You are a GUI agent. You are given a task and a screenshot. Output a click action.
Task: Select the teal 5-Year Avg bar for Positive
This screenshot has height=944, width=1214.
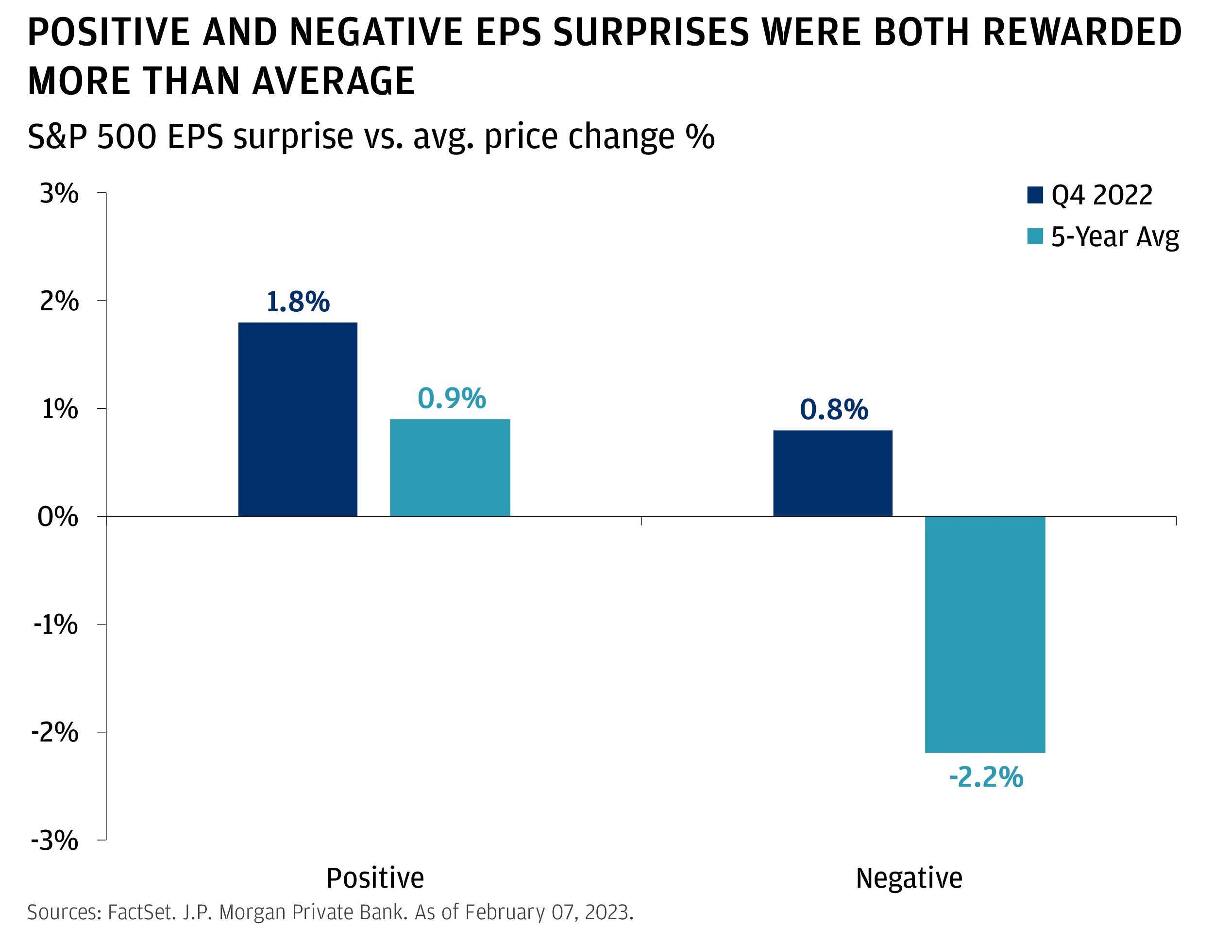(x=450, y=468)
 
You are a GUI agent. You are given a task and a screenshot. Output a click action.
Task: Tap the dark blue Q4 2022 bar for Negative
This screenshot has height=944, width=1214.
(x=832, y=473)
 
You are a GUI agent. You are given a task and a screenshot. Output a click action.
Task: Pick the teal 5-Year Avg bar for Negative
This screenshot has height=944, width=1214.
(x=984, y=634)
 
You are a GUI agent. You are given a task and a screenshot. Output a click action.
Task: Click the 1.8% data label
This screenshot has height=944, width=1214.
(x=298, y=302)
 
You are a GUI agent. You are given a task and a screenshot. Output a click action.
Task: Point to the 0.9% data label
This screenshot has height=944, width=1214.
(x=451, y=399)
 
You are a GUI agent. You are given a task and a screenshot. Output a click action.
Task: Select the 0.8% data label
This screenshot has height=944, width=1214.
(x=833, y=410)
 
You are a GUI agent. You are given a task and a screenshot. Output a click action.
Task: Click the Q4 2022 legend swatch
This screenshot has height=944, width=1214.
(x=1034, y=195)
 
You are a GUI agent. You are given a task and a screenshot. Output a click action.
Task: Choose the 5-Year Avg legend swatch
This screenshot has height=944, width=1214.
(x=1034, y=236)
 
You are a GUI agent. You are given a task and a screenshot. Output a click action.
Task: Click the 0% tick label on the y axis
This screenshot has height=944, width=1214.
(x=58, y=517)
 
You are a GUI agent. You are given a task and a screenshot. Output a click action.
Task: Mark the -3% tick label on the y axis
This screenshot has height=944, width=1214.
(x=54, y=840)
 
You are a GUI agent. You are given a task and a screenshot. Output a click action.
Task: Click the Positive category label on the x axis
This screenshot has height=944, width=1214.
(x=375, y=878)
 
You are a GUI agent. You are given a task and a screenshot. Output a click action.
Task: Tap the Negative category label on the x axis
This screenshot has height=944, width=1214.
(x=909, y=878)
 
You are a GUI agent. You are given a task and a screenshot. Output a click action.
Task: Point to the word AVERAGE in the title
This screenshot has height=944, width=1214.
(x=333, y=81)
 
